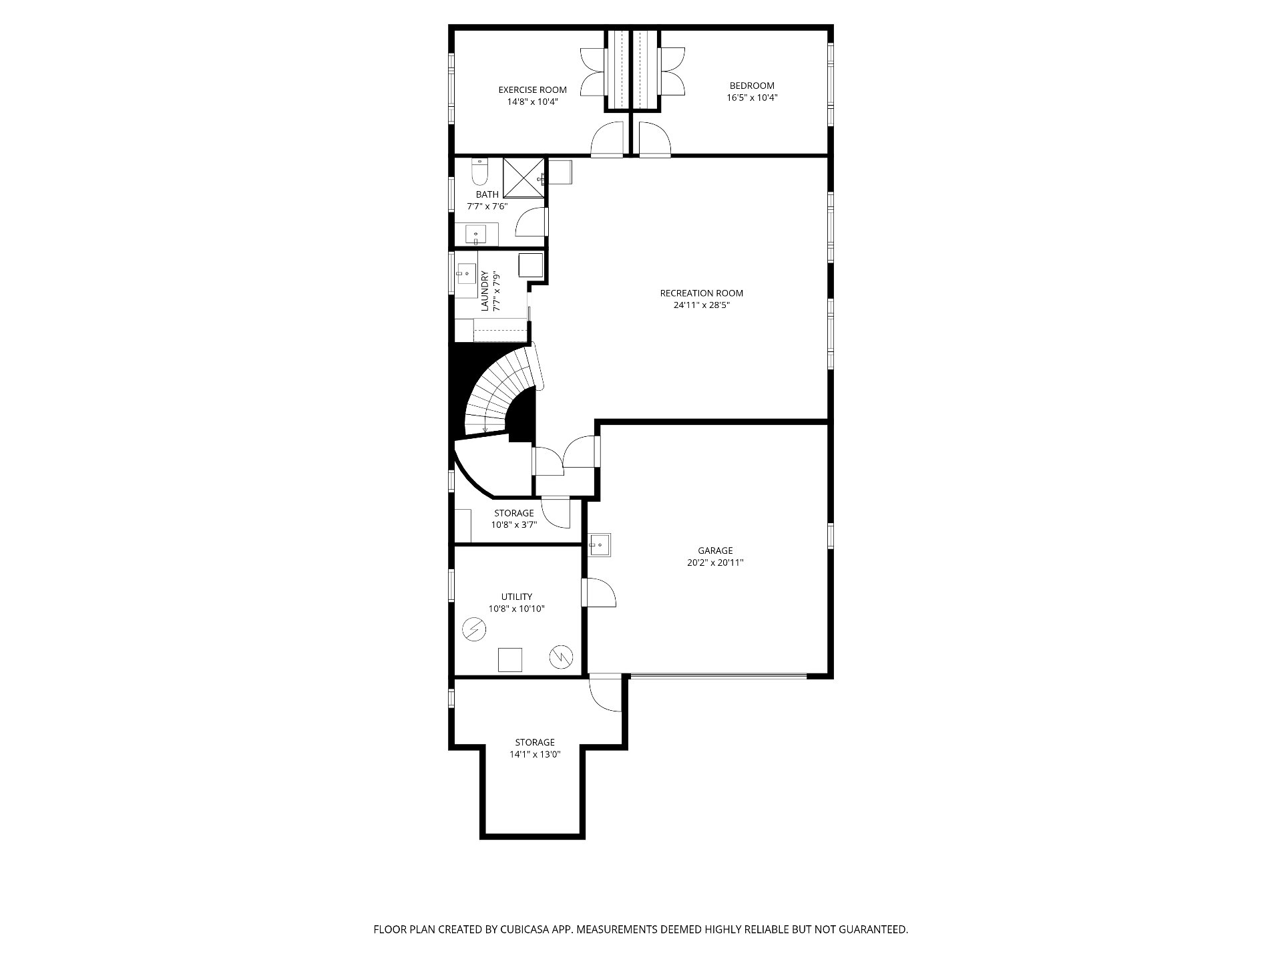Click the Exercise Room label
[532, 90]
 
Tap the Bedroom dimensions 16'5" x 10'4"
[752, 98]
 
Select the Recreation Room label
[701, 293]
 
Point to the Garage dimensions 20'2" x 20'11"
[715, 563]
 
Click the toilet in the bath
[479, 172]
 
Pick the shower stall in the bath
[523, 178]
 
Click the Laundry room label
[485, 291]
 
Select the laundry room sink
[466, 273]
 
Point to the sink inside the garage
[599, 544]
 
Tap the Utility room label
[517, 597]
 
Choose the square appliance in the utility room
[510, 659]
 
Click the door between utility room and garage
[598, 593]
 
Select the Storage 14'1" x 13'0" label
[535, 748]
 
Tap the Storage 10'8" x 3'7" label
[514, 519]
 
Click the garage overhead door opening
[718, 676]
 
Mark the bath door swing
[531, 222]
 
